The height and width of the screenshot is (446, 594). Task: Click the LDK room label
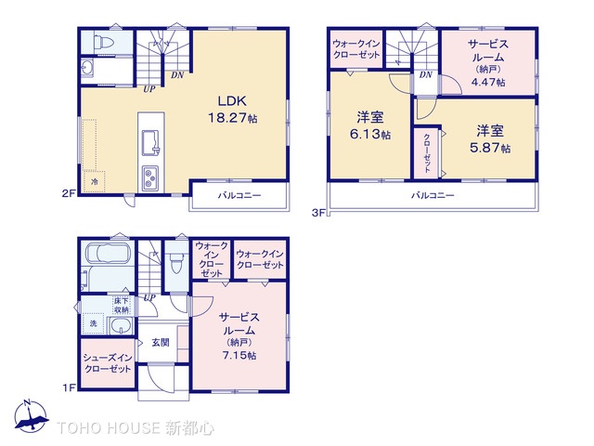tap(231, 100)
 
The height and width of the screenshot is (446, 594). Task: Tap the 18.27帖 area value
tap(231, 118)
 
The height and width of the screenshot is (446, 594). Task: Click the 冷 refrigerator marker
tap(95, 184)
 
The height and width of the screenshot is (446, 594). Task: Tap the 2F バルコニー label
tap(239, 196)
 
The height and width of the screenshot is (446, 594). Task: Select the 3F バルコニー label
tap(433, 196)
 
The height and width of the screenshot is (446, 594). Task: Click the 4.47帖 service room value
tap(487, 82)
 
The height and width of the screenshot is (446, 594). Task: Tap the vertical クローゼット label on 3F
tap(427, 151)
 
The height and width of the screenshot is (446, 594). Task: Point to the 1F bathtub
tap(106, 255)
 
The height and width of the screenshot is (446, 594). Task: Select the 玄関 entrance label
tap(161, 342)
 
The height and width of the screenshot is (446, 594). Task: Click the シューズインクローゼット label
tap(107, 362)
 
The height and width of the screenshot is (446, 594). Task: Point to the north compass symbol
tap(29, 417)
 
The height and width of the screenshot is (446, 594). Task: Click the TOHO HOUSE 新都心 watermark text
tap(136, 429)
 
